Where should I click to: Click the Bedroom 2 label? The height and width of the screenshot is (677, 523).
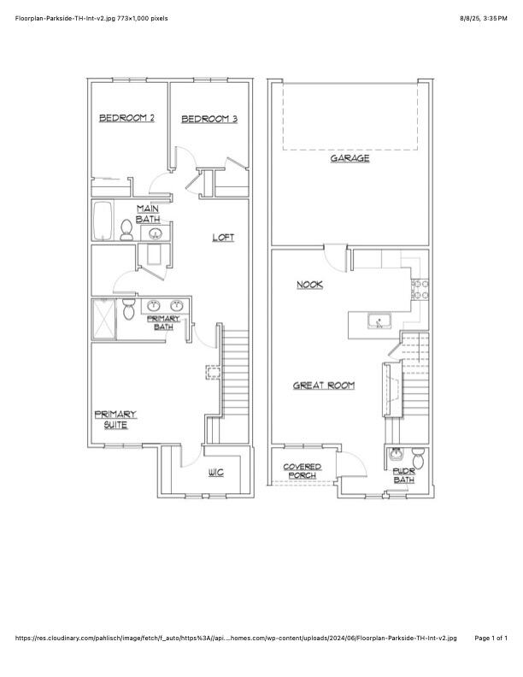point(126,118)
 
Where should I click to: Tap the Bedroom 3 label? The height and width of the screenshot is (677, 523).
point(209,119)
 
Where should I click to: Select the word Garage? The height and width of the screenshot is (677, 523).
point(350,158)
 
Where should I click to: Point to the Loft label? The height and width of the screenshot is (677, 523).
point(223,237)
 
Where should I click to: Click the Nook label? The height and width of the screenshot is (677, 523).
point(309,285)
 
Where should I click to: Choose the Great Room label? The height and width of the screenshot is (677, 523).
point(324,386)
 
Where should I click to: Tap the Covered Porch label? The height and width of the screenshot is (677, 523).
point(303,471)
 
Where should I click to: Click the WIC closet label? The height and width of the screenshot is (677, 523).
point(215,473)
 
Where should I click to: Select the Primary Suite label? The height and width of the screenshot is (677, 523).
point(115,419)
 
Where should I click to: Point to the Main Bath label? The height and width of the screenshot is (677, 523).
point(148,214)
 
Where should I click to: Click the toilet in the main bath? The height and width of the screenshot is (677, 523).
point(126,230)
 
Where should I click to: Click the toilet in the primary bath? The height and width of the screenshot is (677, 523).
point(128,309)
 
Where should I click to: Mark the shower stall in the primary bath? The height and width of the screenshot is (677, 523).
point(103,321)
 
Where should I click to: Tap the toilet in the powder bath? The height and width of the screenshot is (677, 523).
point(417,456)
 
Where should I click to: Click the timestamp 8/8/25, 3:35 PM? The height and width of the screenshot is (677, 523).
point(483,17)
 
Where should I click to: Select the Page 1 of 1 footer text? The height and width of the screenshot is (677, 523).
point(491,638)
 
